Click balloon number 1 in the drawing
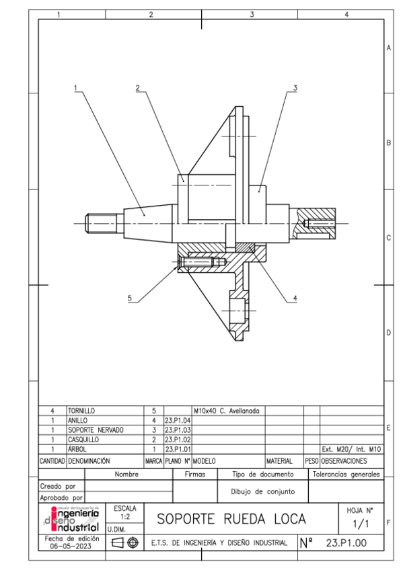77,87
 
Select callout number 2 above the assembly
137,87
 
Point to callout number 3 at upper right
295,87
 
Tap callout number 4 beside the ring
295,298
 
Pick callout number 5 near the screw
130,298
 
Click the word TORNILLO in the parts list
81,409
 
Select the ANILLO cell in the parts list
78,419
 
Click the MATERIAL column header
279,461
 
